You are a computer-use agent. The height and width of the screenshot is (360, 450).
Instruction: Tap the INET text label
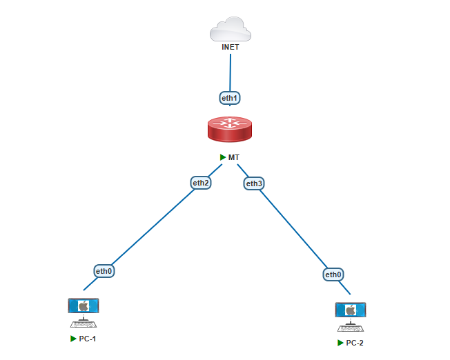(x=230, y=48)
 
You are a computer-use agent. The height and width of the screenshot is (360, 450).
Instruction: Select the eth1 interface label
(x=229, y=98)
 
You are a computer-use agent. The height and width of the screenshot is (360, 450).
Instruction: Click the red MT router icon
(x=230, y=129)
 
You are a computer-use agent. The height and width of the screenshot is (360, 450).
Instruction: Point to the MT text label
(x=234, y=157)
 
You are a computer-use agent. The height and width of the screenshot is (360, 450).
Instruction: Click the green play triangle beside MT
(x=223, y=157)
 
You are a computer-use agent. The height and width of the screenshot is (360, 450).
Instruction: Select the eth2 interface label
(x=201, y=183)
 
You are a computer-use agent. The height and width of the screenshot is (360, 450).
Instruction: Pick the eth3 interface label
(x=255, y=183)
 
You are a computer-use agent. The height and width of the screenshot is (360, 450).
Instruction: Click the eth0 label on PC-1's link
(x=104, y=271)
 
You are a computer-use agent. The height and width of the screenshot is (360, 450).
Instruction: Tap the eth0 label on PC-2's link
(x=333, y=274)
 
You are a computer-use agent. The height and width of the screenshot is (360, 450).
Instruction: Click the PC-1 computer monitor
(x=84, y=306)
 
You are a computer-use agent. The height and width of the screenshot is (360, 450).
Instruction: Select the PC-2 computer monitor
(x=351, y=310)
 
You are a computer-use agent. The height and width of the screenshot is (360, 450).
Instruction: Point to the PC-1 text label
(x=88, y=339)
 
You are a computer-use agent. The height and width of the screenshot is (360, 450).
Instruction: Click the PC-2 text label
(x=355, y=343)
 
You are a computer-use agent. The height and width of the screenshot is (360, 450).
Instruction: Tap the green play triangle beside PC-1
(x=73, y=339)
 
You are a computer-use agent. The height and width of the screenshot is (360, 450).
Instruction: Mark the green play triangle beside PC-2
(x=340, y=343)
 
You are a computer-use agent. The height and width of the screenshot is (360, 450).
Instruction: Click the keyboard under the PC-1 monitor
(x=84, y=323)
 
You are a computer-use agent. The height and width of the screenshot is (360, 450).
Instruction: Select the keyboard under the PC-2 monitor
(x=351, y=327)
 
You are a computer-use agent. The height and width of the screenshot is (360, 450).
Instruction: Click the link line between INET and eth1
(x=230, y=72)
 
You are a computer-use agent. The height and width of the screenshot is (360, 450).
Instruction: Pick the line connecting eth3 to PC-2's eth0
(x=294, y=228)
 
